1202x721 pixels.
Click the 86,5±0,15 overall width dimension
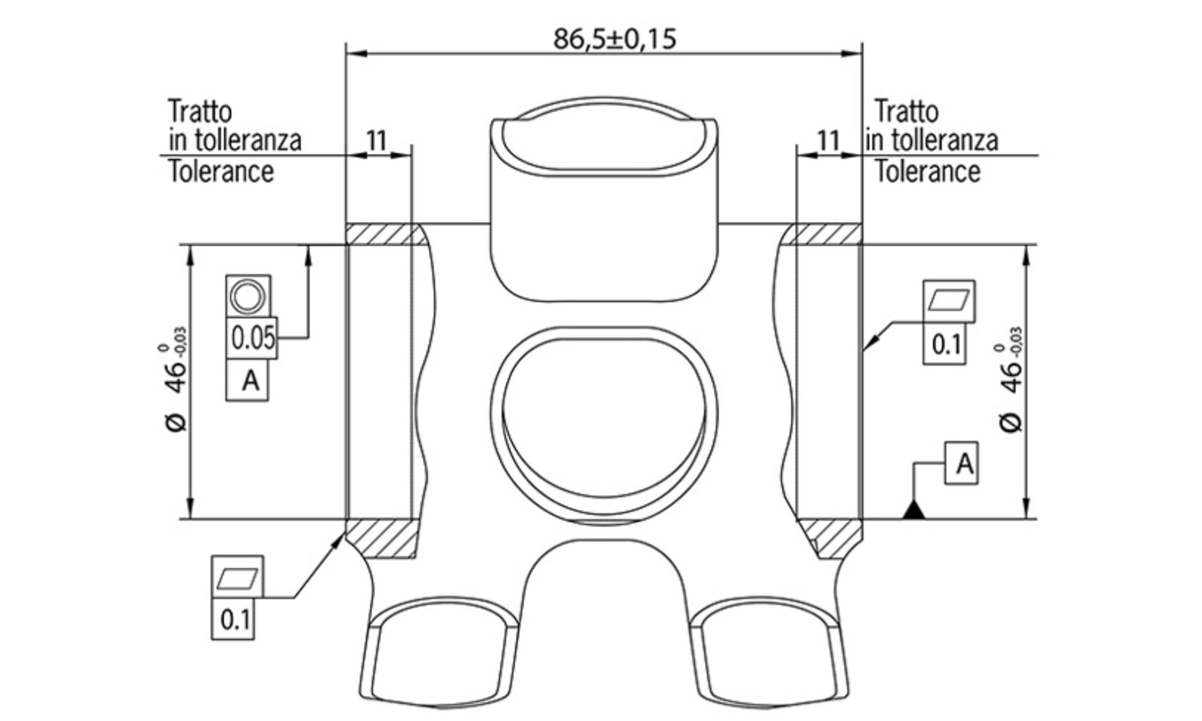click(x=614, y=39)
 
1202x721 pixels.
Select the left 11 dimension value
click(x=377, y=141)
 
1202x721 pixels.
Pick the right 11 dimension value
click(x=828, y=141)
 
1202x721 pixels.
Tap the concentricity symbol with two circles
click(x=248, y=297)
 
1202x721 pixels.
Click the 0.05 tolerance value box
click(x=252, y=338)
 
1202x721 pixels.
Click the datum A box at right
click(x=962, y=463)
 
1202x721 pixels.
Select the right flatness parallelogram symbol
click(x=949, y=300)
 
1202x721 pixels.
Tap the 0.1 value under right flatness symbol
click(x=945, y=344)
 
